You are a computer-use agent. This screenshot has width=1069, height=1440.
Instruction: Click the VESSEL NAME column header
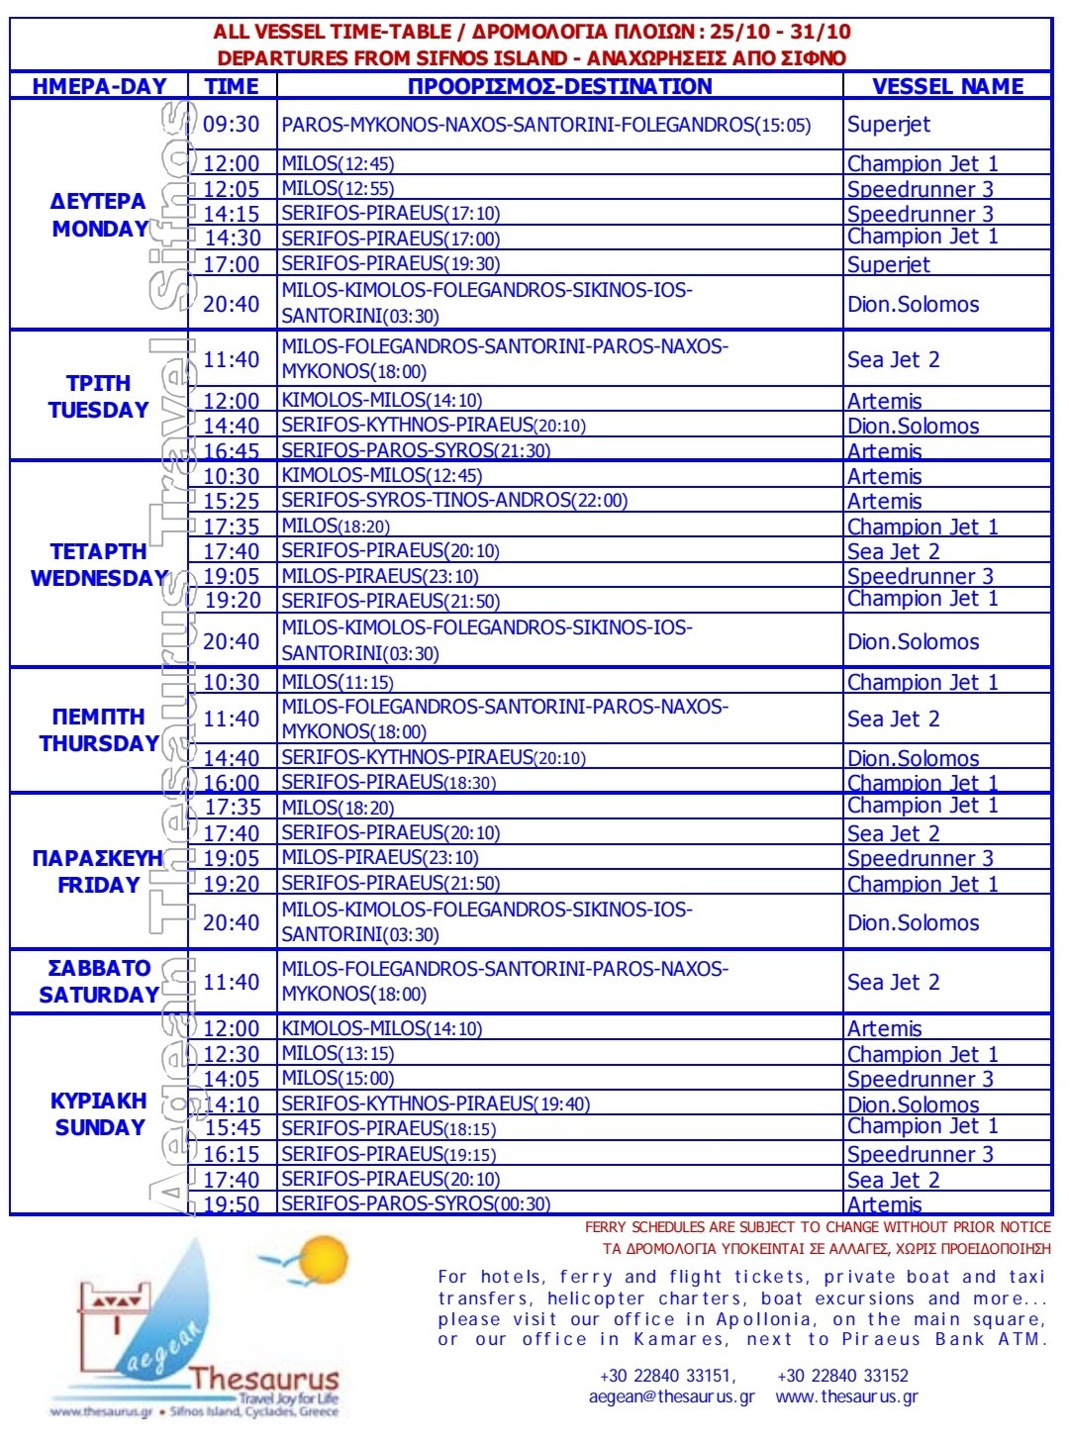coord(947,86)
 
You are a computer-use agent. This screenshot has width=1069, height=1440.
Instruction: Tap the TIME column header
coord(232,86)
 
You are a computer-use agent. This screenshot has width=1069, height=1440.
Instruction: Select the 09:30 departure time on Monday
coord(232,125)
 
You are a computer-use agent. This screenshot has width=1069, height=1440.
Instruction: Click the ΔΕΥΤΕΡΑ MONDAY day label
coord(99,215)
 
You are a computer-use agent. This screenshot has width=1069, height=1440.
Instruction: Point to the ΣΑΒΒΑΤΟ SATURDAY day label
coord(99,982)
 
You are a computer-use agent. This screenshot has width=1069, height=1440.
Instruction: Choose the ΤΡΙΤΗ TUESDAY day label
coord(99,396)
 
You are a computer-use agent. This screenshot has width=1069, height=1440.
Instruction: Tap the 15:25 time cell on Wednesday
coord(232,501)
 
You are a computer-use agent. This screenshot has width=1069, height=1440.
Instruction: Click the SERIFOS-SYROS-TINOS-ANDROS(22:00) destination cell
coord(454,501)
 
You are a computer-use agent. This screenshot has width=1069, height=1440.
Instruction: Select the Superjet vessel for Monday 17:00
coord(889,264)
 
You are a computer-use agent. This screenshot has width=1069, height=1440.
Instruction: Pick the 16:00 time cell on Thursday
coord(232,783)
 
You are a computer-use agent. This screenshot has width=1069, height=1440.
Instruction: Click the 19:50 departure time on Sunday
coord(232,1204)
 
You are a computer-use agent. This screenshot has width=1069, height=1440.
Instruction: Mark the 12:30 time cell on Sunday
coord(232,1054)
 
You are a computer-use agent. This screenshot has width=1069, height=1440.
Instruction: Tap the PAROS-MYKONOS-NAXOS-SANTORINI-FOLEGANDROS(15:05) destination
coord(545,125)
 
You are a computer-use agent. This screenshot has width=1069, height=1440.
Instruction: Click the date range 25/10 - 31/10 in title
coord(780,32)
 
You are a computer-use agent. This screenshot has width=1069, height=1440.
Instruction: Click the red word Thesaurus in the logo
coord(264,1379)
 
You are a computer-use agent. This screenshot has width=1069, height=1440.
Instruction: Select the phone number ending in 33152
coord(842,1375)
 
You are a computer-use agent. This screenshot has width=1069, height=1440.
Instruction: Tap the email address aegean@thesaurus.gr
coord(671,1396)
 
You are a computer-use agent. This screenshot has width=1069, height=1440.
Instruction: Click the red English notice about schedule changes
coord(818,1227)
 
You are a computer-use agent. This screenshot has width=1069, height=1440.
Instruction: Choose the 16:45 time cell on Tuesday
coord(232,451)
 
